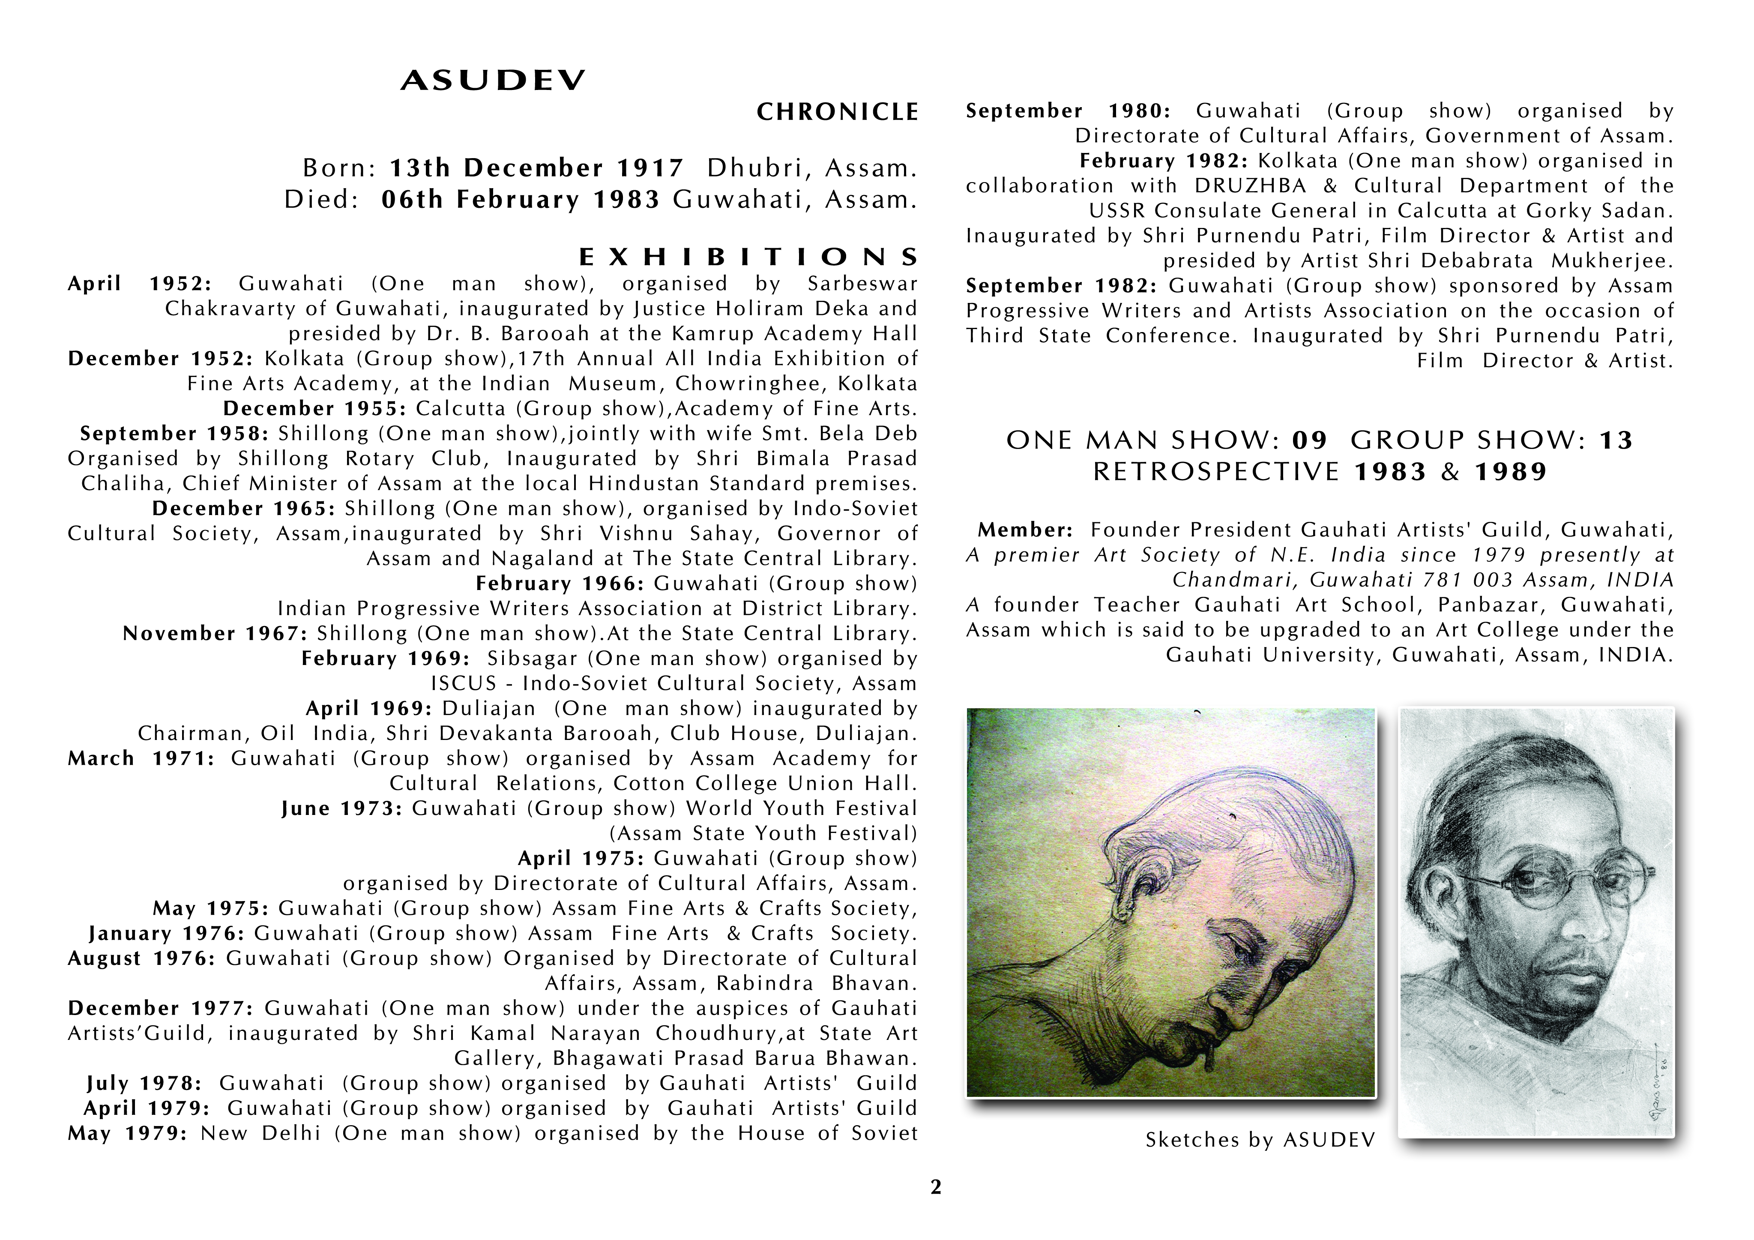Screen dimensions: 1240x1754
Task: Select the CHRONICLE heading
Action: point(837,112)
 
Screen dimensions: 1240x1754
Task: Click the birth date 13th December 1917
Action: point(537,168)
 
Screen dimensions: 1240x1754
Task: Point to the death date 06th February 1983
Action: point(520,199)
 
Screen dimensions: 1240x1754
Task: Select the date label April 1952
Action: point(140,284)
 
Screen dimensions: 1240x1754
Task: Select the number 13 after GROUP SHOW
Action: point(1616,441)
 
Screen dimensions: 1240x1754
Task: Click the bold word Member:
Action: point(1025,530)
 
